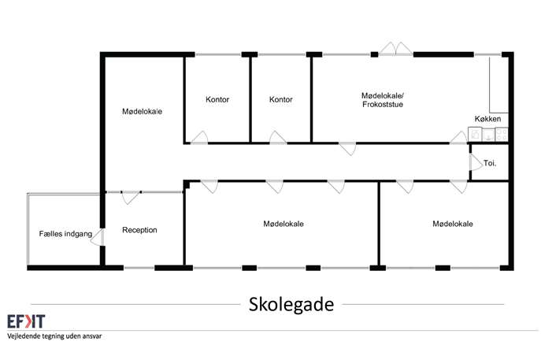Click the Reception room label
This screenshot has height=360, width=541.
point(139,230)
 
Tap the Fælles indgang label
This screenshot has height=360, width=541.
point(65,234)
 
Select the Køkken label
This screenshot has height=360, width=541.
point(487,119)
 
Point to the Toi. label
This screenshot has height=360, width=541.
point(490,163)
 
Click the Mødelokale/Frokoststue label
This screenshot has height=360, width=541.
point(383,100)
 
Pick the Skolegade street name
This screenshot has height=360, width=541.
point(291,304)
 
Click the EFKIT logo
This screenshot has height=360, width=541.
point(26,321)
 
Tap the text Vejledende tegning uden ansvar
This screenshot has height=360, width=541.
point(54,336)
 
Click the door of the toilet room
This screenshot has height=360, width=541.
point(476,162)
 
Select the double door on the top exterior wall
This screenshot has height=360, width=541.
point(396,49)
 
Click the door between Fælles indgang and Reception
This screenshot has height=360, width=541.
point(98,237)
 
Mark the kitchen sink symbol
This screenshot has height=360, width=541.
point(488,134)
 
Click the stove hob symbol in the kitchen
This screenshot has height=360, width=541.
point(502,134)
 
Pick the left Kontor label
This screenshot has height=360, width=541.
point(217,99)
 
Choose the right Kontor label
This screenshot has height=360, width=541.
point(281,99)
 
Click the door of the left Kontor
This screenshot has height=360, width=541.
point(200,137)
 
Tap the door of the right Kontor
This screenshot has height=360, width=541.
point(278,137)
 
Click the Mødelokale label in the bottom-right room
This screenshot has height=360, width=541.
point(453,224)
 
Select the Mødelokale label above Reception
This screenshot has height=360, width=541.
point(143,112)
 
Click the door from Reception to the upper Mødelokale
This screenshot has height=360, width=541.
point(131,198)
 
